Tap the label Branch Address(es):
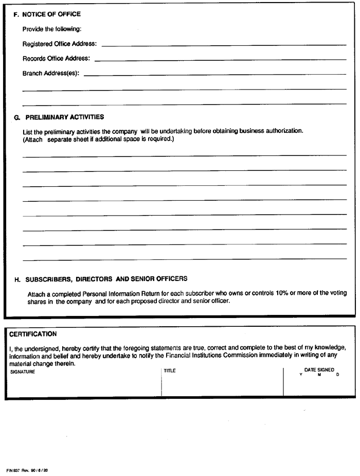(51, 74)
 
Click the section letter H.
(17, 279)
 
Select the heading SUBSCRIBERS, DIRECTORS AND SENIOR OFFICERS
(106, 279)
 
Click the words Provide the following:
(48, 29)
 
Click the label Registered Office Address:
(60, 44)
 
